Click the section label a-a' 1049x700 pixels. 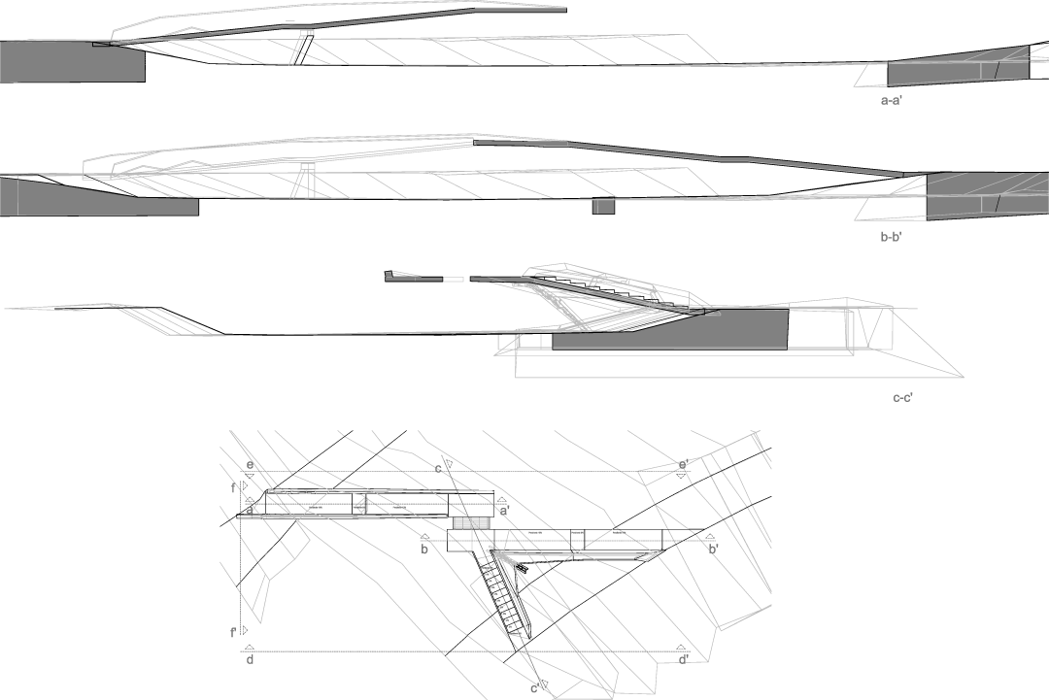pos(891,100)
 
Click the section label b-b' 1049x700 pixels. pos(891,236)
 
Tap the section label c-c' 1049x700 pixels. pos(902,397)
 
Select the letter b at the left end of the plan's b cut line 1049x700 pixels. pos(424,550)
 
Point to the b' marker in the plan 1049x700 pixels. pos(713,550)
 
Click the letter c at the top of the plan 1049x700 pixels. pos(438,469)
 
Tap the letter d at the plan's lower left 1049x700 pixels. pos(250,660)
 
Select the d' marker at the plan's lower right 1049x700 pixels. pos(684,659)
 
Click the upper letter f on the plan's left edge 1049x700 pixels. pos(234,490)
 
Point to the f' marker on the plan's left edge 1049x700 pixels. pos(234,632)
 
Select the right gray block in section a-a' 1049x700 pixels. pos(957,68)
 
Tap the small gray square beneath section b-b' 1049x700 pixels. pos(603,207)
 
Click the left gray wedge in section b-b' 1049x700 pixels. pos(97,198)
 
